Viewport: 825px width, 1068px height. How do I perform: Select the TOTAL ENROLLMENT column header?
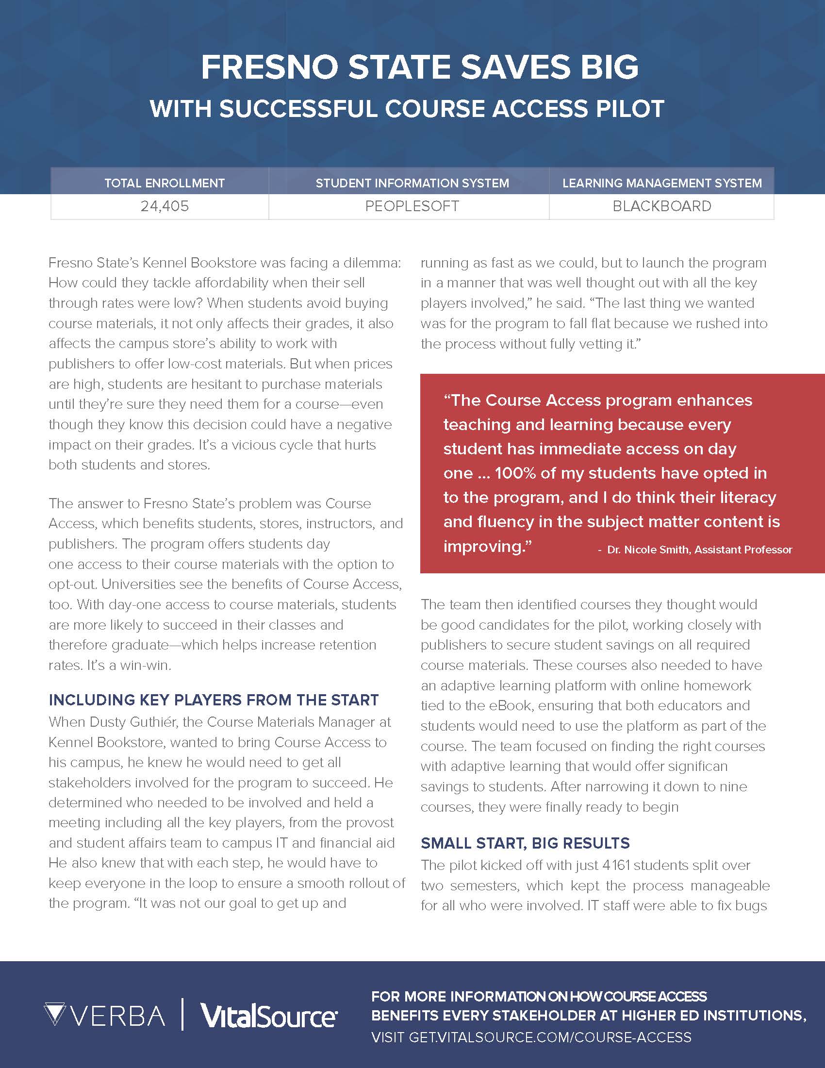point(164,184)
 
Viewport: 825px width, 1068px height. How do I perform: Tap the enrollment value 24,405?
point(164,206)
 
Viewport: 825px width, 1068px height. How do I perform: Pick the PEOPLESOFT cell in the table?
point(412,206)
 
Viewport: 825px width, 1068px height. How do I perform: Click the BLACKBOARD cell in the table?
point(662,206)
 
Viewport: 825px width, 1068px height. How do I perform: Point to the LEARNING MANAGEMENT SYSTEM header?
point(662,184)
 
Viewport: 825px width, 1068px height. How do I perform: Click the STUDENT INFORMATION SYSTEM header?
point(412,184)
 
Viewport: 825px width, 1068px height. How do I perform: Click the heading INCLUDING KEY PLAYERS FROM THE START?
point(214,700)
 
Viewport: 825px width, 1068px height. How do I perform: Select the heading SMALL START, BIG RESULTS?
point(525,843)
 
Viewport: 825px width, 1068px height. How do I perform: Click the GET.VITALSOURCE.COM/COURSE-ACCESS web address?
point(550,1037)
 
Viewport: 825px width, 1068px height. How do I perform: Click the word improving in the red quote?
point(486,546)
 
